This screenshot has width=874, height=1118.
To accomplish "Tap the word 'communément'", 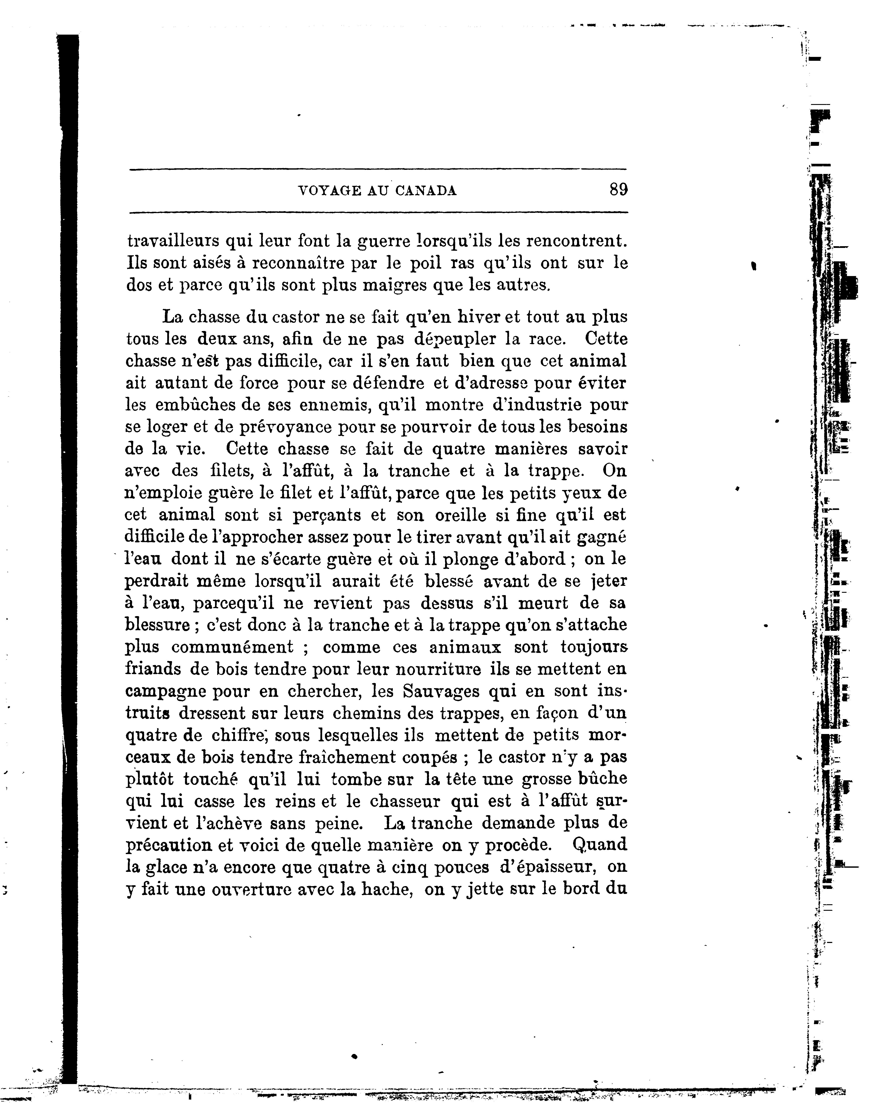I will click(x=232, y=647).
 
